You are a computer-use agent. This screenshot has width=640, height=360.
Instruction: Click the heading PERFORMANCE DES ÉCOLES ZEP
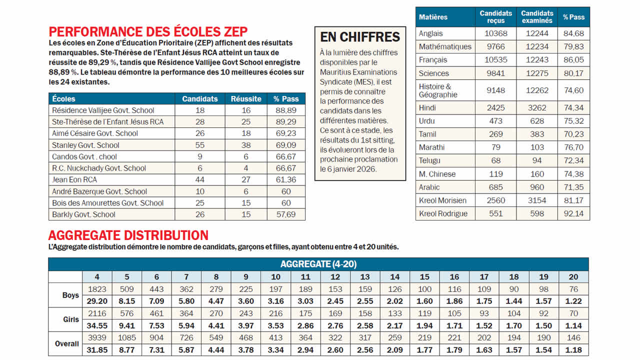[x=148, y=32]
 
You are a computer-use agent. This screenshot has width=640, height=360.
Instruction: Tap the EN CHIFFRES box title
[x=360, y=37]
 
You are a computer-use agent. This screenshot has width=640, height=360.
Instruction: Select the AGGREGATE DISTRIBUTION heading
[x=128, y=235]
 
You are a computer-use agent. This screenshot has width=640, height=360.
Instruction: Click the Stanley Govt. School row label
[x=85, y=145]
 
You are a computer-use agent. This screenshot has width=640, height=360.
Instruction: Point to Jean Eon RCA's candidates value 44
[x=200, y=179]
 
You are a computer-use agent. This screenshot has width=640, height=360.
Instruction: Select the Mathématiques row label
[x=445, y=46]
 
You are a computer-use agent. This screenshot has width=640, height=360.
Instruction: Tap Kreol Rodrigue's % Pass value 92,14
[x=573, y=213]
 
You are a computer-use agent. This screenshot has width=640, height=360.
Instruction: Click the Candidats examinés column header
[x=537, y=17]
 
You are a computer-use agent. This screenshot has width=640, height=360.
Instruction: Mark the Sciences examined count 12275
[x=537, y=73]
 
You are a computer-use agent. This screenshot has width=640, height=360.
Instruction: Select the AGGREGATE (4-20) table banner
[x=318, y=264]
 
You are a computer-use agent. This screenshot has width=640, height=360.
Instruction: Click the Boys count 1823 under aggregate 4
[x=97, y=289]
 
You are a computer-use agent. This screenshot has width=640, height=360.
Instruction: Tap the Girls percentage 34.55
[x=97, y=325]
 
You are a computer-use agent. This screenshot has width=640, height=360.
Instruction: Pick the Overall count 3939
[x=97, y=338]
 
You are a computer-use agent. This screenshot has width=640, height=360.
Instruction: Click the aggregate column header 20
[x=573, y=277]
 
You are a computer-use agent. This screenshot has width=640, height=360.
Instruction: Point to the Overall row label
[x=66, y=343]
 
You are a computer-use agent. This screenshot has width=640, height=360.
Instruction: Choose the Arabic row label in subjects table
[x=429, y=187]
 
